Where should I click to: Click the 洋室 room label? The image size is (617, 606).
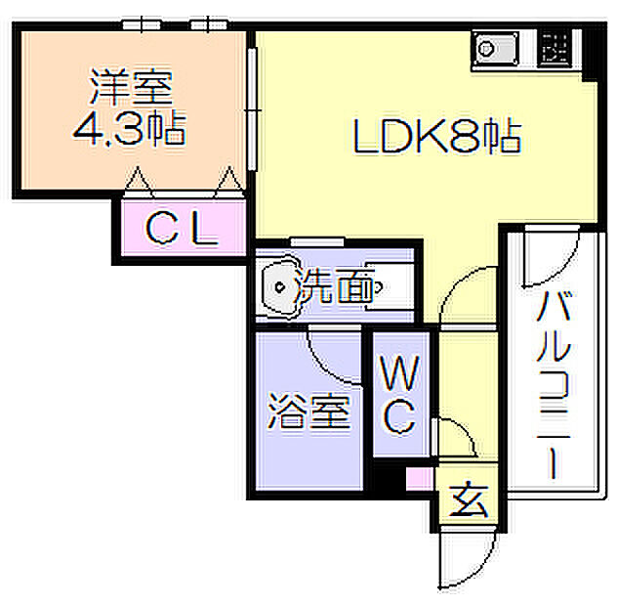tap(132, 87)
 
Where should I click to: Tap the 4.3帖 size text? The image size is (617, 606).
tap(129, 128)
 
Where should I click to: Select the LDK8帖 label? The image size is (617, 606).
tap(437, 136)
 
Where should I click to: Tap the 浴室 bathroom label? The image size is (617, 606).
tap(308, 411)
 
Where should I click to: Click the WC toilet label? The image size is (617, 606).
tap(400, 395)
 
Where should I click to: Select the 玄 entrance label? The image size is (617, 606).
tap(469, 499)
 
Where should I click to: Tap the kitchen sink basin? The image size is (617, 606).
tap(496, 49)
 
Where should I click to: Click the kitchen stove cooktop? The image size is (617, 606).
tap(555, 49)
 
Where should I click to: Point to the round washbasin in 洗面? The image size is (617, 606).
tap(280, 287)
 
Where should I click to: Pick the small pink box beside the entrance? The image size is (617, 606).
tap(420, 478)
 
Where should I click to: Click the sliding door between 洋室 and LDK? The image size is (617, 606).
tap(253, 109)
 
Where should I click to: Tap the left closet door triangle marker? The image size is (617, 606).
tap(138, 181)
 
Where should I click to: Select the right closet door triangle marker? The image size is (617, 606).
tap(229, 181)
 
